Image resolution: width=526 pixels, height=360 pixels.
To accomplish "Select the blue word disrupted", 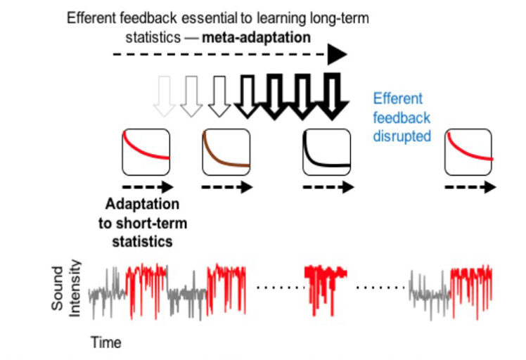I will [x=402, y=136].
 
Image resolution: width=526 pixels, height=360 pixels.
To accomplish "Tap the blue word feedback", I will [x=402, y=117].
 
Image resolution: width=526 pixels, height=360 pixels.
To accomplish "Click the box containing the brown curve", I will [x=226, y=153].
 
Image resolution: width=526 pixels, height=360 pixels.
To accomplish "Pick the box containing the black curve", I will [x=326, y=153].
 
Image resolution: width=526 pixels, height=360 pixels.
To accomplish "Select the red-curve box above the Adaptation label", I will [x=146, y=152].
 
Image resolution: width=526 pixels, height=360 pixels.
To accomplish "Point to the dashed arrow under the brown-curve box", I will [x=226, y=188].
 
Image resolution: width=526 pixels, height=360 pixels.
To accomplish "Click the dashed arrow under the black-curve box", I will [x=326, y=188].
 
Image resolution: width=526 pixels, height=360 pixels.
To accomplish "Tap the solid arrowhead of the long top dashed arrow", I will [x=338, y=53].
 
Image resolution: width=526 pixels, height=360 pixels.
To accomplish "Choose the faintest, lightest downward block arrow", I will [x=165, y=95].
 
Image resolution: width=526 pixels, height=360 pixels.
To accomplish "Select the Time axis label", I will [x=105, y=343].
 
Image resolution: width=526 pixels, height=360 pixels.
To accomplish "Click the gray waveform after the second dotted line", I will [x=429, y=288].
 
